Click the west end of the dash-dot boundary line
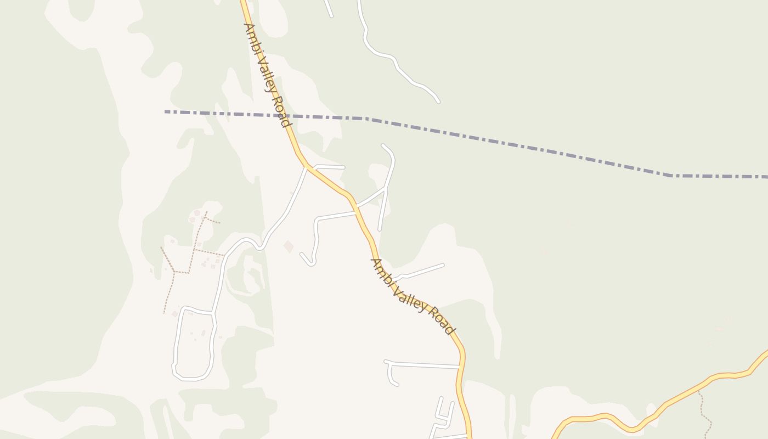click(x=166, y=112)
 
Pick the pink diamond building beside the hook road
click(x=289, y=246)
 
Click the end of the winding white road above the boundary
click(x=438, y=102)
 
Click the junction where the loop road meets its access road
click(x=213, y=313)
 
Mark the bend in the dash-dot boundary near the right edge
click(x=671, y=176)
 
